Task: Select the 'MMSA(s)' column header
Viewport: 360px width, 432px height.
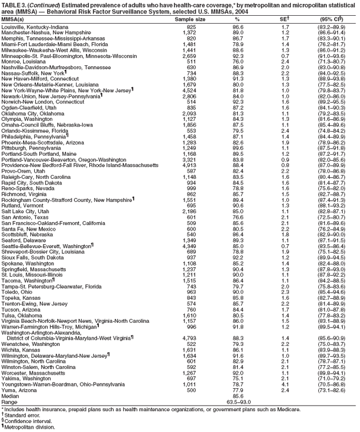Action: point(15,19)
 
